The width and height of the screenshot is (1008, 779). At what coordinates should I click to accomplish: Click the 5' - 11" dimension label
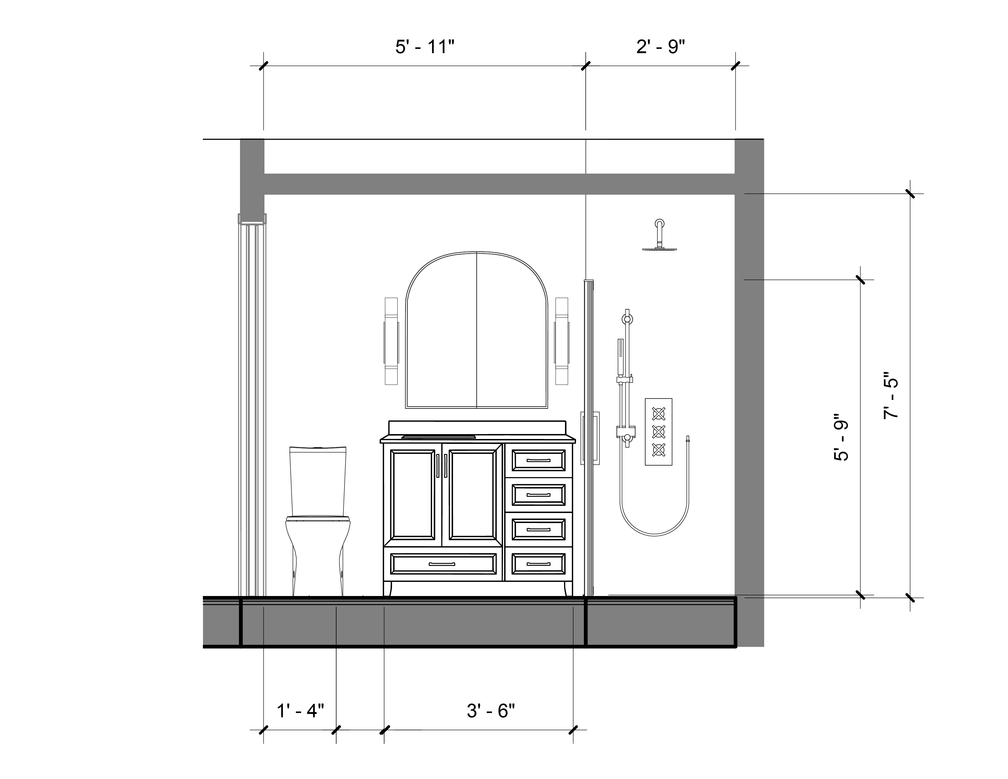(x=425, y=47)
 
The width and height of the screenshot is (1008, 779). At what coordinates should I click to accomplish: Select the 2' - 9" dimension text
(x=660, y=47)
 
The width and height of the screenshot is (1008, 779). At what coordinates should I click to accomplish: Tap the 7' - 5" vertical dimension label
(x=891, y=395)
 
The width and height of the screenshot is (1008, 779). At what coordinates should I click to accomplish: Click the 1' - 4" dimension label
(x=300, y=710)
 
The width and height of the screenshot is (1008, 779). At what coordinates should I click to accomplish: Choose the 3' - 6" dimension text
(x=491, y=710)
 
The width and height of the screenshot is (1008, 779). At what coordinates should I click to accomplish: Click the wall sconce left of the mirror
(x=391, y=341)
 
